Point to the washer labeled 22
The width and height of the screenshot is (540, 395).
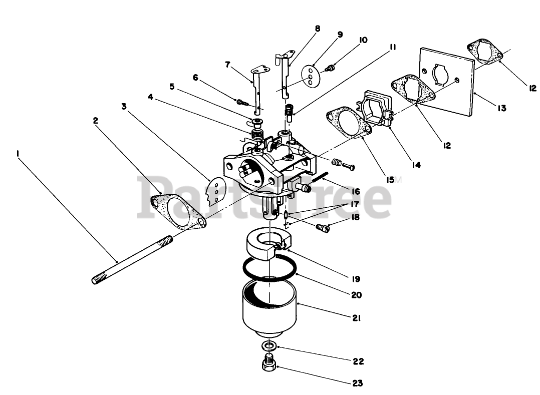point(269,345)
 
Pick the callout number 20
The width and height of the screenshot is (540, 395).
point(356,295)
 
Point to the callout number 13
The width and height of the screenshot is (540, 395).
point(502,108)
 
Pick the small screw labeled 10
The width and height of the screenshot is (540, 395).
point(330,67)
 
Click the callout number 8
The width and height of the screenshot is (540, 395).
point(318,29)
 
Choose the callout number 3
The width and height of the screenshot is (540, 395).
point(124,106)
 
